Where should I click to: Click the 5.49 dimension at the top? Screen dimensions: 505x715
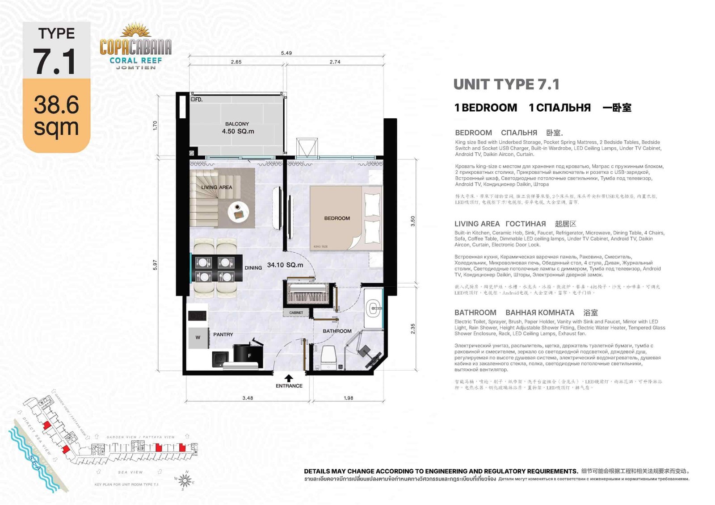point(286,53)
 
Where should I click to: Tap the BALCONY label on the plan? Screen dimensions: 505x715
point(237,124)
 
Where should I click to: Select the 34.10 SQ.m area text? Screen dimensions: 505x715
point(285,265)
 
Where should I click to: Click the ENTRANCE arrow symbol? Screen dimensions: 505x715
point(289,378)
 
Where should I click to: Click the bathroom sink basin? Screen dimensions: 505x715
point(373,308)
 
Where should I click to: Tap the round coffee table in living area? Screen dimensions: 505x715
point(238,212)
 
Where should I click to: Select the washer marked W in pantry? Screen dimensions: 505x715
point(198,338)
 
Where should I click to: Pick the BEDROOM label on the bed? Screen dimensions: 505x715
point(337,218)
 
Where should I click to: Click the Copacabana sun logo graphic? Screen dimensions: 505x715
point(136,31)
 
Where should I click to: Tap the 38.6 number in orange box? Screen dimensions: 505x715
point(56,104)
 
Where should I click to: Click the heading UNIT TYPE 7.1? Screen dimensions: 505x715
point(506,84)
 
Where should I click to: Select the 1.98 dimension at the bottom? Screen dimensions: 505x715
point(349,398)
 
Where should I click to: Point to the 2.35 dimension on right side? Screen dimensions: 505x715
point(413,329)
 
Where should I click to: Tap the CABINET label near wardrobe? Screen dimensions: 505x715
point(296,313)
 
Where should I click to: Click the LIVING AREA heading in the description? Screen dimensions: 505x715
point(477,224)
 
